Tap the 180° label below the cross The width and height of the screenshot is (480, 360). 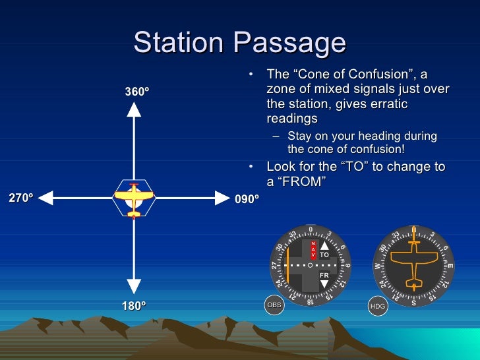(x=134, y=306)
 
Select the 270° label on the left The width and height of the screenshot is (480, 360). (x=20, y=197)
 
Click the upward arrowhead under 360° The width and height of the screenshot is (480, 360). (x=134, y=109)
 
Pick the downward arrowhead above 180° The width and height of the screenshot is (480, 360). (x=134, y=286)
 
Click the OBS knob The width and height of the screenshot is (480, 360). (x=274, y=305)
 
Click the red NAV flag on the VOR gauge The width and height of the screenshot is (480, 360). (x=314, y=249)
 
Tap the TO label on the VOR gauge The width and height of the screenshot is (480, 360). (x=324, y=254)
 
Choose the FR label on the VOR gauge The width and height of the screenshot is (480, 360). (x=324, y=275)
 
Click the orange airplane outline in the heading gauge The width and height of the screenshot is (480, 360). (x=414, y=265)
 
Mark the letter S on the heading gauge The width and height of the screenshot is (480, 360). (x=413, y=303)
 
